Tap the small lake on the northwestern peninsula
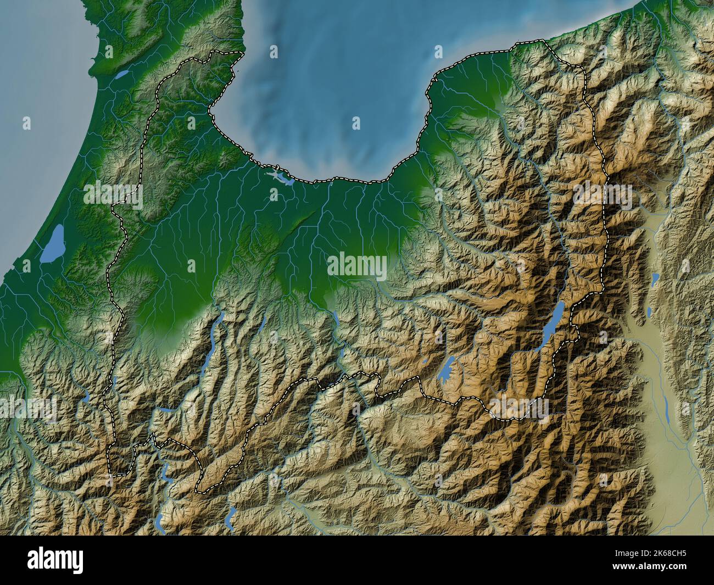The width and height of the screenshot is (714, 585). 122,73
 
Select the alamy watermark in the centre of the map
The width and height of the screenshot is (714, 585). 357,266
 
